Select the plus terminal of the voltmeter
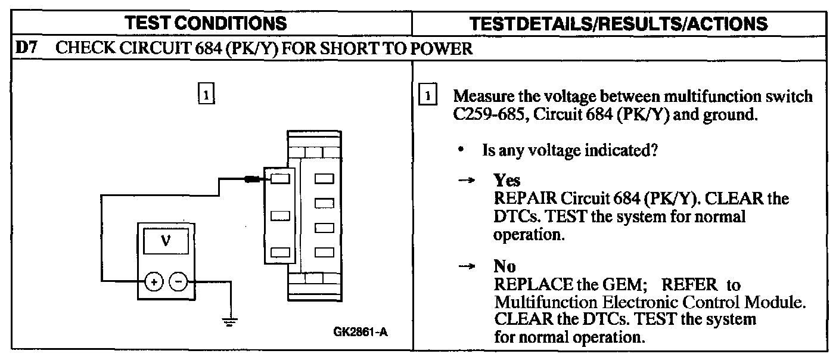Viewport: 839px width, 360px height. pyautogui.click(x=153, y=281)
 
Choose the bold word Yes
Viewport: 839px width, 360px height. pyautogui.click(x=506, y=181)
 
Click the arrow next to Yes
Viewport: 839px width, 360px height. pyautogui.click(x=469, y=181)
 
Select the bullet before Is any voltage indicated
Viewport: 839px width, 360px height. pyautogui.click(x=462, y=151)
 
